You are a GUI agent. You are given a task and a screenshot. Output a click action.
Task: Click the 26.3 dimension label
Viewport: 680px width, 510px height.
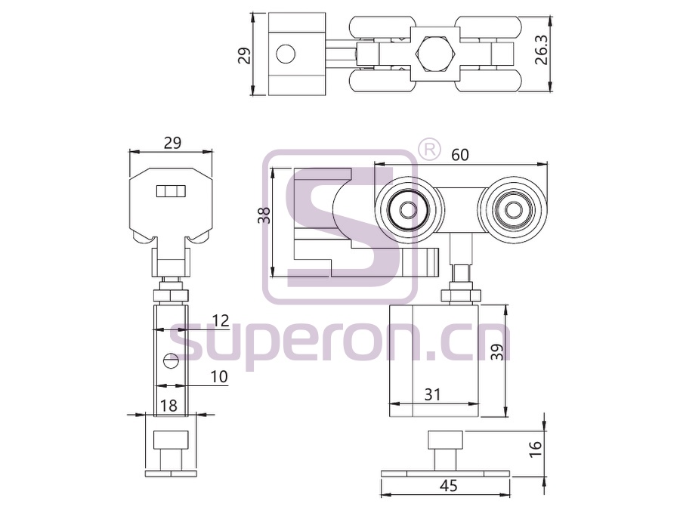click(541, 49)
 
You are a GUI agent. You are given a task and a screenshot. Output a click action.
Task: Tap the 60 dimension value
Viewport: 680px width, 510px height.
click(459, 154)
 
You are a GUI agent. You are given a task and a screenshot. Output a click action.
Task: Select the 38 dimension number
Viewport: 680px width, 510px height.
click(264, 215)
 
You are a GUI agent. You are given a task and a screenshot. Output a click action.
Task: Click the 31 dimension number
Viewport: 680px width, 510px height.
click(432, 394)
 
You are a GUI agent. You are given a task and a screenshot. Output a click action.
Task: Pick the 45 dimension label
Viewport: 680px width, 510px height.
click(448, 486)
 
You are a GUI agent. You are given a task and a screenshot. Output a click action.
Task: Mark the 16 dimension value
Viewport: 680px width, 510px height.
click(536, 448)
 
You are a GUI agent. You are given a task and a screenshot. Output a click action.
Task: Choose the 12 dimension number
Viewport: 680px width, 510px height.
click(220, 321)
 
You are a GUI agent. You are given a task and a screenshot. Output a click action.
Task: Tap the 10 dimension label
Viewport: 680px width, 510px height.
click(219, 376)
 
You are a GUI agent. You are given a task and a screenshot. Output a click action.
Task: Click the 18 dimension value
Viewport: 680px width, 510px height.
click(168, 406)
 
